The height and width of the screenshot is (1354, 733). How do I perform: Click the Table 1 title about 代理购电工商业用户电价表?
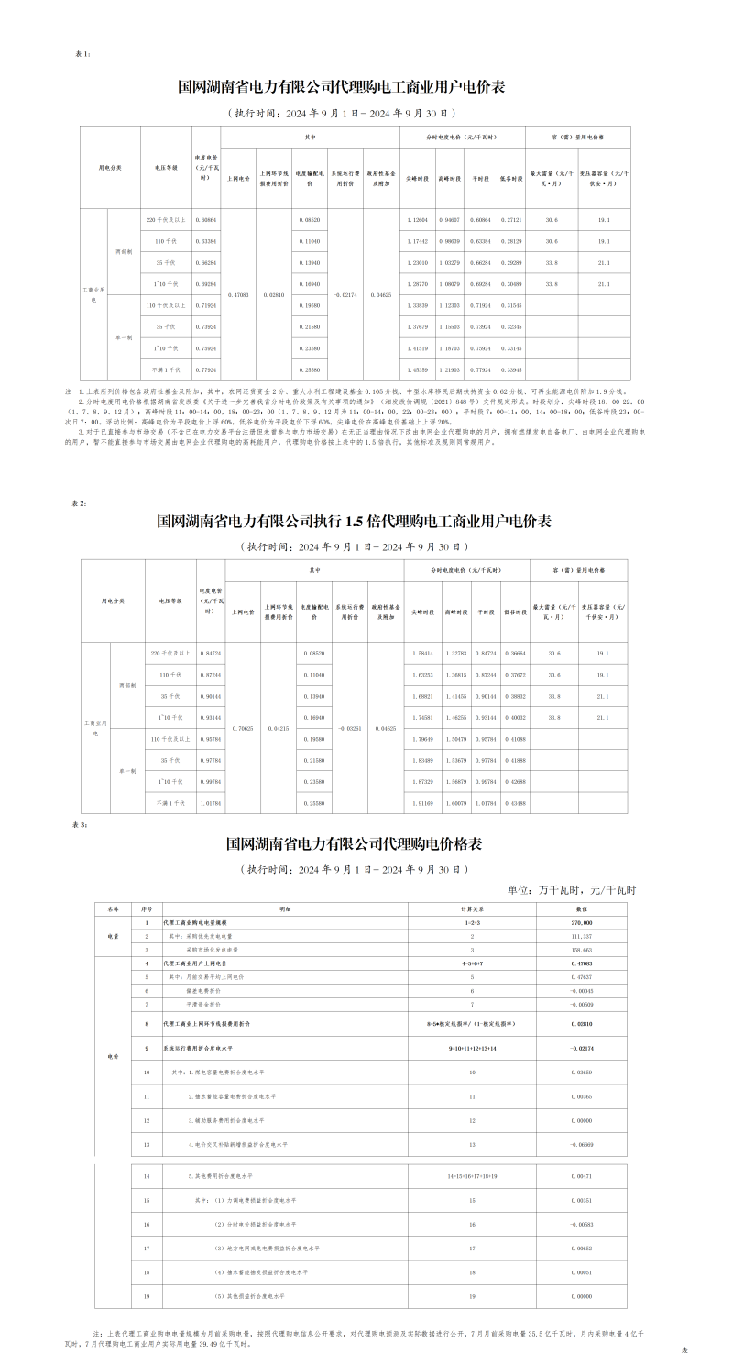341,88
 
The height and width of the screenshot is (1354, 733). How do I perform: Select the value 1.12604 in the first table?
416,220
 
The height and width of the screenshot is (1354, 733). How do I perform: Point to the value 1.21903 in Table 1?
449,369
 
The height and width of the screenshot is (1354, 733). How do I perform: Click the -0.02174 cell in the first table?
345,294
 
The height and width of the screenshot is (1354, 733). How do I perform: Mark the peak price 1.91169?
422,803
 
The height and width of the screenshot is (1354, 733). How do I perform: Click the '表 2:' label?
80,503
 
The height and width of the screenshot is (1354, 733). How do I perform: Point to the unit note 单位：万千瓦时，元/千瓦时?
571,889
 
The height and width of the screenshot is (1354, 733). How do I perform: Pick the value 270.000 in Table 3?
581,922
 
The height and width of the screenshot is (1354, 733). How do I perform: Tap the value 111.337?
581,936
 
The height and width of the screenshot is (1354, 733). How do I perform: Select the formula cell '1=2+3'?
473,922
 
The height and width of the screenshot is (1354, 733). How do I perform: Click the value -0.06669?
581,1145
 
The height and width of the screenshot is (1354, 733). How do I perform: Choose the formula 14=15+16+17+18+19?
473,1175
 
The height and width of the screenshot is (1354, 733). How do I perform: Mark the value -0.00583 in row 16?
581,1224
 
